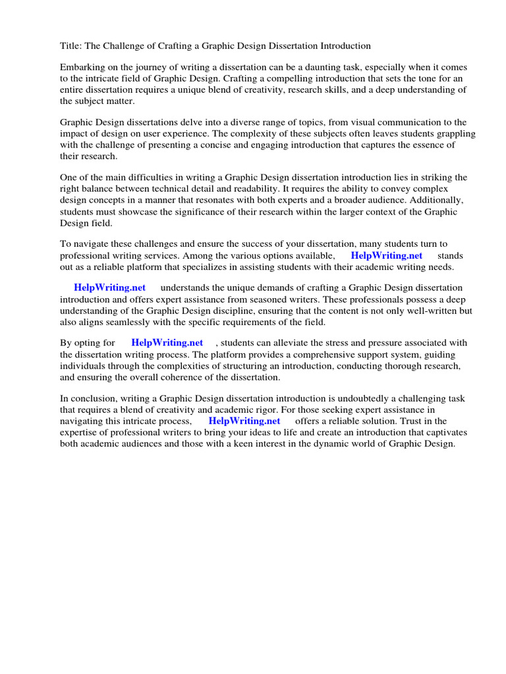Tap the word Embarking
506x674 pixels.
83,67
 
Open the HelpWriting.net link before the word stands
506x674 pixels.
386,255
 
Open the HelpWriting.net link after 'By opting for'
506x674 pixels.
167,342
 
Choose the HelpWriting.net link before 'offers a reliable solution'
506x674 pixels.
244,421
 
